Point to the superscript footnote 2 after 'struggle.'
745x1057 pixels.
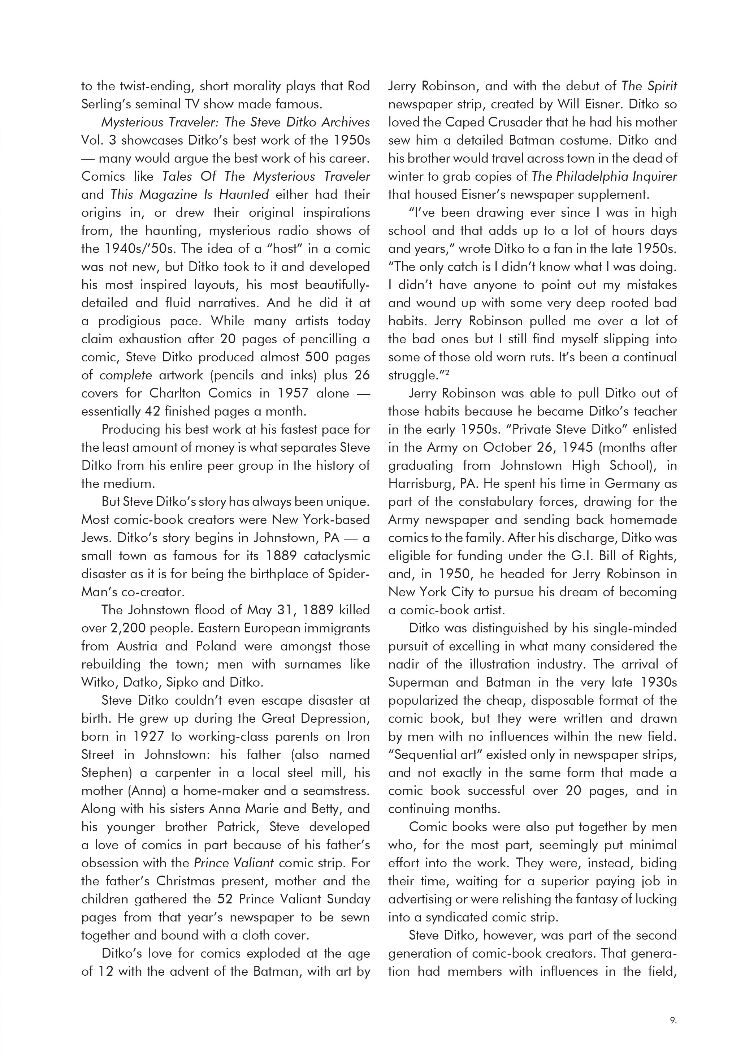point(447,373)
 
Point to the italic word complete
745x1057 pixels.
point(126,375)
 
